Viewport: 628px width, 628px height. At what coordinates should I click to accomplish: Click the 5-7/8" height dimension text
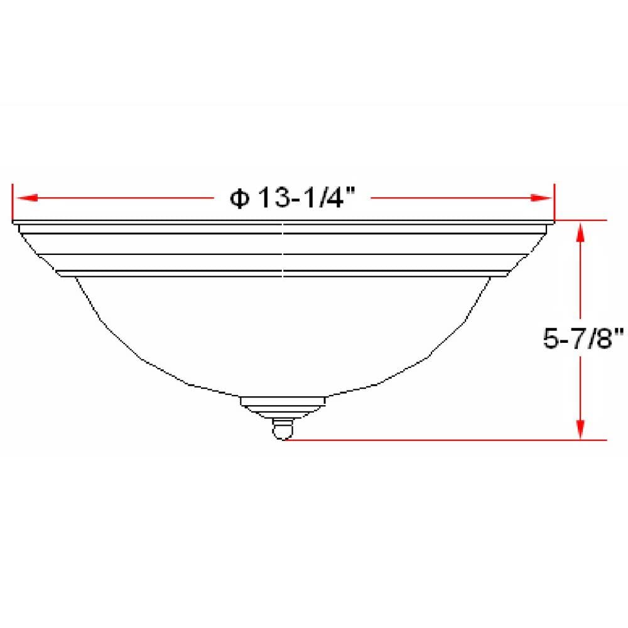pyautogui.click(x=583, y=339)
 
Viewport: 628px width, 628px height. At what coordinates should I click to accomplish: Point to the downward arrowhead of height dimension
pyautogui.click(x=582, y=428)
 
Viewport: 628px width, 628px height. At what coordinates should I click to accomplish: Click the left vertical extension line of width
pyautogui.click(x=13, y=204)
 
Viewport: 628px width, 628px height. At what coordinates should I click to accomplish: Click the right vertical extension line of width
pyautogui.click(x=554, y=204)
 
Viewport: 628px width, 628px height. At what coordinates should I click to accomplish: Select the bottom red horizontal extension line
pyautogui.click(x=440, y=440)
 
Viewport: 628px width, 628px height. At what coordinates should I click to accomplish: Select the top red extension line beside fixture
pyautogui.click(x=581, y=221)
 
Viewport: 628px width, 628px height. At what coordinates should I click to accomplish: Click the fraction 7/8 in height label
pyautogui.click(x=600, y=339)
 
